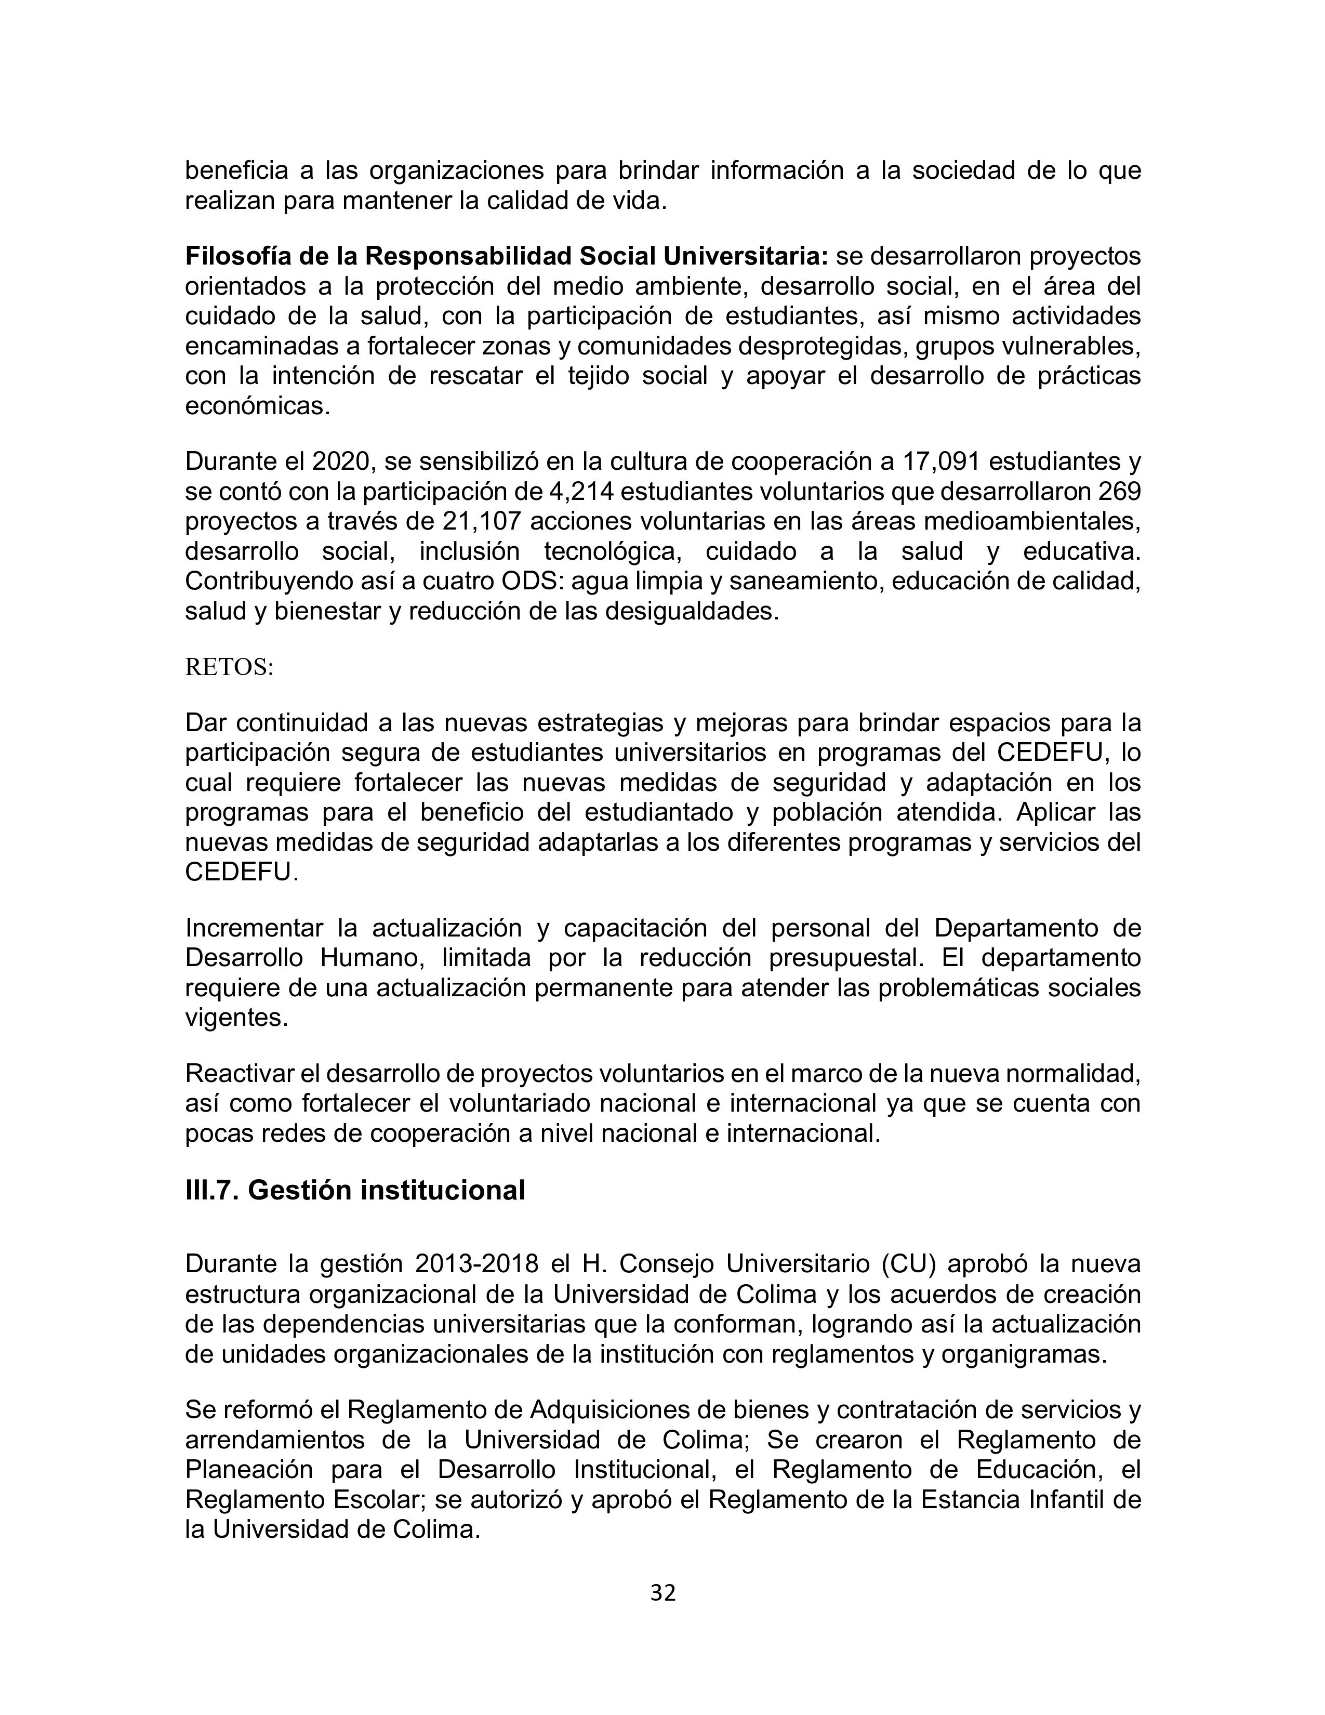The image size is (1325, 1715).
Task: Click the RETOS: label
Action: coord(229,667)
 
